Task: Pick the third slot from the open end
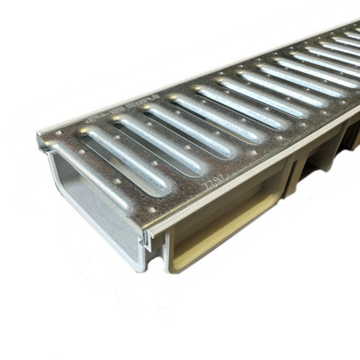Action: pyautogui.click(x=175, y=128)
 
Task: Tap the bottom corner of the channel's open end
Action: pyautogui.click(x=139, y=267)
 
